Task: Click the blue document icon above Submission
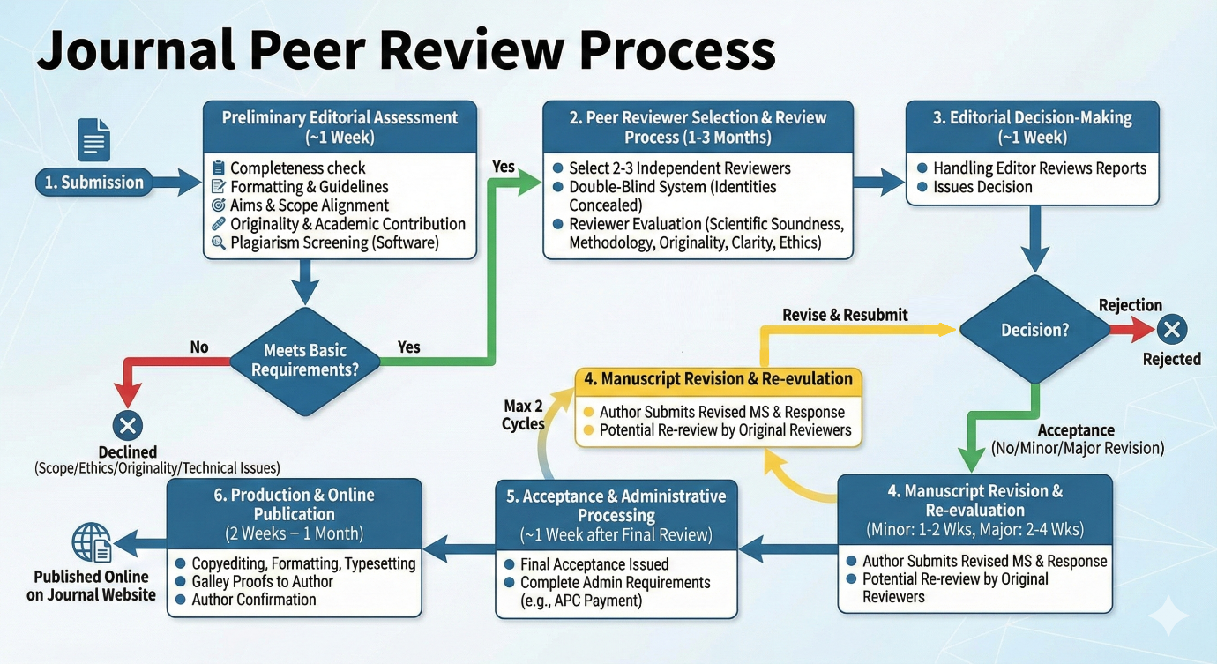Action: click(x=93, y=139)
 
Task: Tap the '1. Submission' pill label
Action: click(x=94, y=183)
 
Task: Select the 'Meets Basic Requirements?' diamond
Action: click(x=305, y=359)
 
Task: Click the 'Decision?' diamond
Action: click(x=1035, y=330)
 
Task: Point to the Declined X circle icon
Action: click(x=128, y=427)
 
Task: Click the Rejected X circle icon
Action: click(x=1171, y=330)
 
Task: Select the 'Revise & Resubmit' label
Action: click(x=845, y=315)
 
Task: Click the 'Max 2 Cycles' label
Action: click(x=523, y=414)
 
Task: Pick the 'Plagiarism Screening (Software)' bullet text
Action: click(x=334, y=242)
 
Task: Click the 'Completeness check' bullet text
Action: click(x=297, y=168)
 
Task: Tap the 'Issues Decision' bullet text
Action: click(x=982, y=187)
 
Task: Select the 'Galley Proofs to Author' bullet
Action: click(x=262, y=581)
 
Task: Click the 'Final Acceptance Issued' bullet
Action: click(x=594, y=564)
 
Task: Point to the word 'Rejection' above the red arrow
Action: click(x=1131, y=305)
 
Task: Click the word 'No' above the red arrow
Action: click(x=199, y=347)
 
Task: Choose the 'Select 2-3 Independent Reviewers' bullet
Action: click(x=679, y=168)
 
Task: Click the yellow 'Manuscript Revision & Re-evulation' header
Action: click(x=718, y=379)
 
